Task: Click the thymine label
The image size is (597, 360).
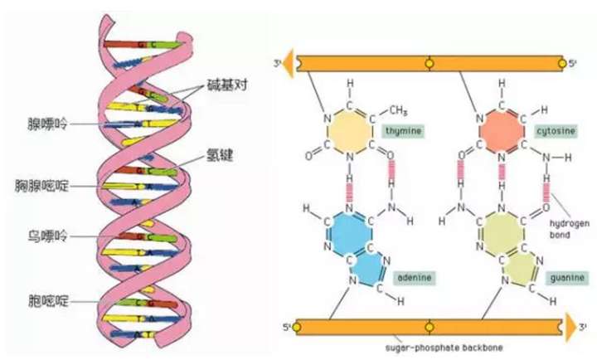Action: coord(401,131)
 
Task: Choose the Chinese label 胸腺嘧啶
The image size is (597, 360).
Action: coord(37,184)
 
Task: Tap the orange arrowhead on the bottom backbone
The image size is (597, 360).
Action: coord(572,327)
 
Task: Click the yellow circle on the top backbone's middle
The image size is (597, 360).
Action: coord(428,63)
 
